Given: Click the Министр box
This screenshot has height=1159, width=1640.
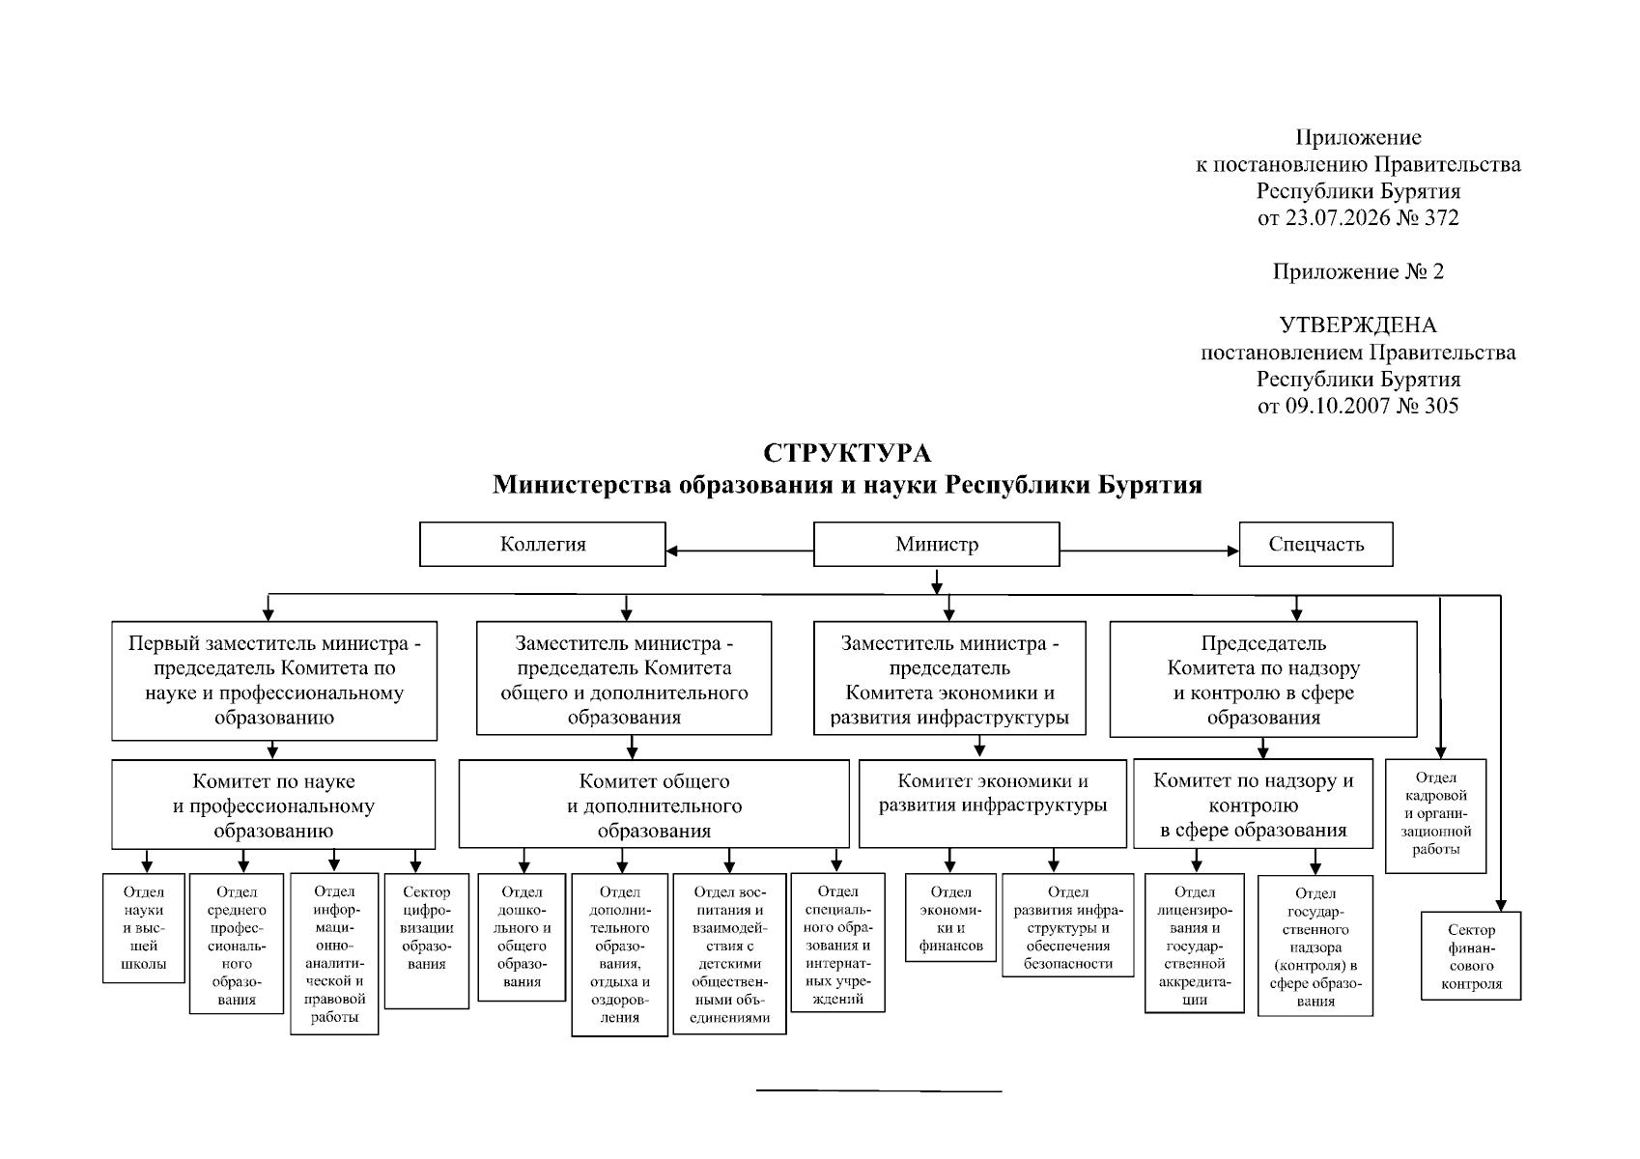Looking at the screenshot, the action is (937, 544).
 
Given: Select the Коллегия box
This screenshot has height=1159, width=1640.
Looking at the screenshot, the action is (543, 544).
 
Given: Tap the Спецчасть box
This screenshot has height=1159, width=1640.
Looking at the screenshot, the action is (1315, 544).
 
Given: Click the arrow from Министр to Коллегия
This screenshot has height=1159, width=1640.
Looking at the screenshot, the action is (740, 551).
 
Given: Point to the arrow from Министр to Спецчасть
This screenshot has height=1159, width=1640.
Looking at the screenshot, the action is (1149, 551).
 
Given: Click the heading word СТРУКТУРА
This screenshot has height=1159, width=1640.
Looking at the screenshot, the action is (847, 453).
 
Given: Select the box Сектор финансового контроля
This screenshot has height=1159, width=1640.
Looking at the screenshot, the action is (1471, 955).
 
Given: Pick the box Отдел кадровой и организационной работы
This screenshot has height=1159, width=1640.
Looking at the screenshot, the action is (1436, 815).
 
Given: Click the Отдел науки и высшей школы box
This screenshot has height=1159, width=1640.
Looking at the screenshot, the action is (144, 927).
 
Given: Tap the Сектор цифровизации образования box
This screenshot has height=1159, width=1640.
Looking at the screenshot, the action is (427, 941).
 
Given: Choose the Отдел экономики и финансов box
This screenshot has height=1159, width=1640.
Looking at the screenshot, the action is (950, 918).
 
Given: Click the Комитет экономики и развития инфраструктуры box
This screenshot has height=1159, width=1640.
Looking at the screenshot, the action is (993, 804).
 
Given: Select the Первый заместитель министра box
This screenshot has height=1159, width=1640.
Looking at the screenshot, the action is (274, 680).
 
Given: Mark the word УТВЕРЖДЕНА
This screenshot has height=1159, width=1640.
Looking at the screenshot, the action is (1358, 325).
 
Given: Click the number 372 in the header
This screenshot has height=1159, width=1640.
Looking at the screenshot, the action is (1441, 217).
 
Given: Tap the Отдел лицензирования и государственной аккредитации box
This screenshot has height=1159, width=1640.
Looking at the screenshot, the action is (1194, 943).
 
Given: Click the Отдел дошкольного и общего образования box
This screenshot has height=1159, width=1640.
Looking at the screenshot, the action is (522, 937).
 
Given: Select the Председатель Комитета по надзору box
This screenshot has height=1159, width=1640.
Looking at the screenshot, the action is (1263, 679).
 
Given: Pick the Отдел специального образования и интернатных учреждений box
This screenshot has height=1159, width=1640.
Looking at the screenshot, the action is (837, 943).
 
